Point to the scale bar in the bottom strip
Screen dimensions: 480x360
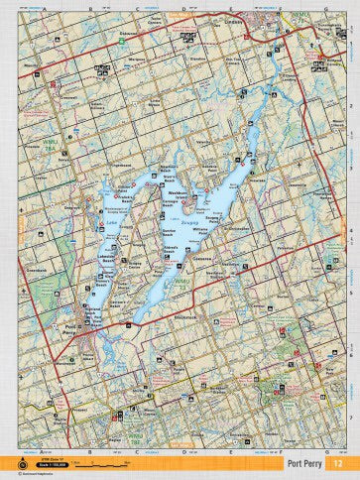click(x=99, y=463)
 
